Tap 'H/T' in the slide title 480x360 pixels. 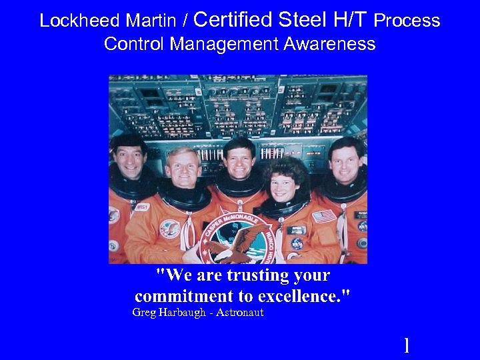click(x=350, y=20)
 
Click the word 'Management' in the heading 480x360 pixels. click(x=223, y=45)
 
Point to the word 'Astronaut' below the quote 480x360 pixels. click(x=240, y=313)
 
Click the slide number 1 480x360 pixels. click(x=407, y=345)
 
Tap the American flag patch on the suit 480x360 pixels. click(x=324, y=217)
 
